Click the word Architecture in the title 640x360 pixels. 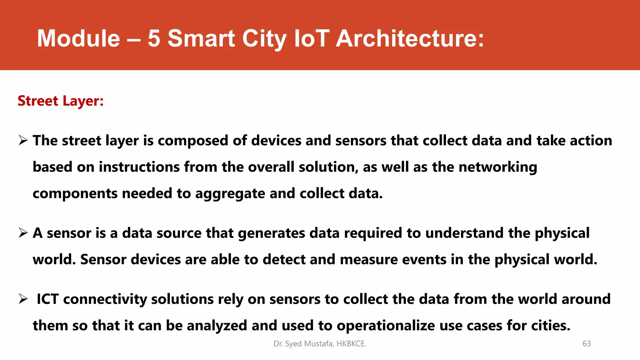[x=410, y=38]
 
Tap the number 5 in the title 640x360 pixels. [x=154, y=38]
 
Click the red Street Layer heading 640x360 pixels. [x=60, y=101]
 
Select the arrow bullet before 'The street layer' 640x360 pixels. [x=23, y=140]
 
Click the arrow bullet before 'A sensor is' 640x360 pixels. [x=23, y=233]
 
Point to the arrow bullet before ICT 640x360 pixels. [x=23, y=299]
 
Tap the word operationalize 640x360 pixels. [x=386, y=326]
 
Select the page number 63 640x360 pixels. [x=587, y=344]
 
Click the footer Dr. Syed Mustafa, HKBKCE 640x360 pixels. [x=320, y=344]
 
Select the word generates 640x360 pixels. [x=271, y=233]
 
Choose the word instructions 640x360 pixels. [x=139, y=167]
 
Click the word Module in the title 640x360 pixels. [x=78, y=38]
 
